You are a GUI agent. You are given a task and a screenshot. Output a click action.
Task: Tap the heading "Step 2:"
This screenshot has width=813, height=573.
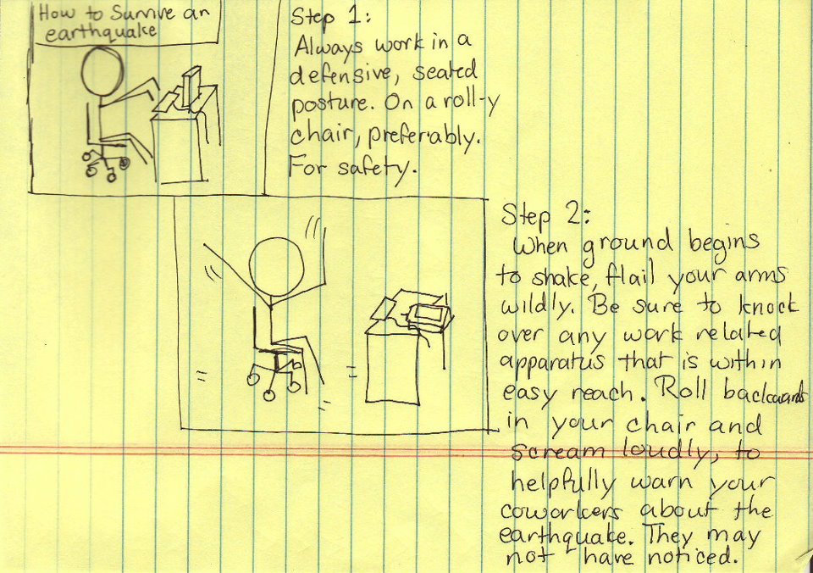pyautogui.click(x=545, y=214)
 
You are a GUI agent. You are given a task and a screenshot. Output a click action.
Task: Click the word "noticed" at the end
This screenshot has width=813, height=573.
pyautogui.click(x=692, y=557)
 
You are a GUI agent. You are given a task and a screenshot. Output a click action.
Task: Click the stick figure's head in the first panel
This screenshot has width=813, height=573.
pyautogui.click(x=102, y=71)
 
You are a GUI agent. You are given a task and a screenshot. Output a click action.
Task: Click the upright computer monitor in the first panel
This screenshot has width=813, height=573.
pyautogui.click(x=191, y=86)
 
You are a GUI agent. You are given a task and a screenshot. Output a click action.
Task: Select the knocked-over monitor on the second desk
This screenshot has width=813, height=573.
pyautogui.click(x=429, y=316)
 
